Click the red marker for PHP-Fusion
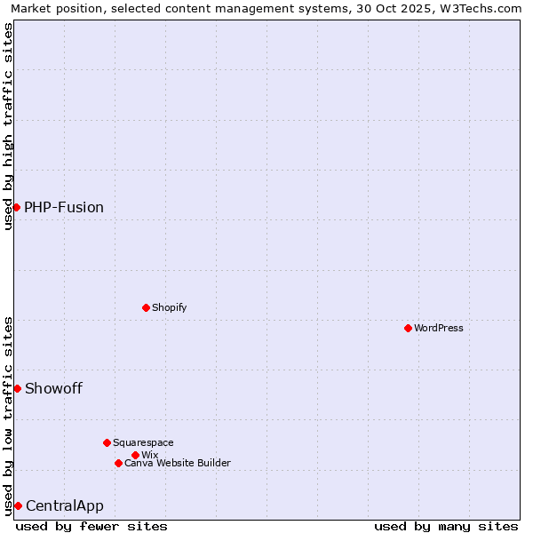[x=16, y=207]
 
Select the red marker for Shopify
[x=146, y=307]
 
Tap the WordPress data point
[x=408, y=328]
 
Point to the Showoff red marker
[x=17, y=388]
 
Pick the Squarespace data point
[x=107, y=442]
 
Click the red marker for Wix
[x=135, y=455]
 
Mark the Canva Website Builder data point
[x=118, y=463]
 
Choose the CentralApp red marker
[x=18, y=505]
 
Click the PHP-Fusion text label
[x=64, y=207]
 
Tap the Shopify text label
[x=169, y=307]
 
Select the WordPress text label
[x=439, y=328]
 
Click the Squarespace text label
[x=143, y=442]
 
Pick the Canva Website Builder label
[x=178, y=463]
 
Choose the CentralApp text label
[x=65, y=505]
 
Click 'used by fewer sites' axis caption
[x=91, y=526]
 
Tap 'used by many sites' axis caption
[x=446, y=526]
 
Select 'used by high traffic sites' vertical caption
[x=8, y=126]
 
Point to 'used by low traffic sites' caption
[x=8, y=415]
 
